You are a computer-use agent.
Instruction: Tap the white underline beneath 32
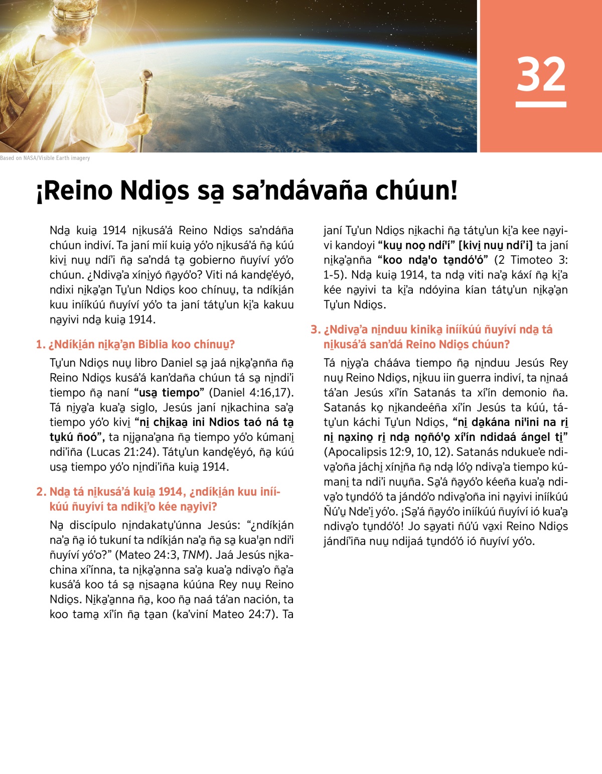click(541, 104)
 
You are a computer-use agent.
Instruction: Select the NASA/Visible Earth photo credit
click(45, 158)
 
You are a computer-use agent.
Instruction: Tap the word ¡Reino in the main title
click(74, 191)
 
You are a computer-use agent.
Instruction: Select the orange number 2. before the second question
click(41, 492)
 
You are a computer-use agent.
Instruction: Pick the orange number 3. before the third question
click(315, 330)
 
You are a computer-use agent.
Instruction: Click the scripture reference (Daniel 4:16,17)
click(251, 393)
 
